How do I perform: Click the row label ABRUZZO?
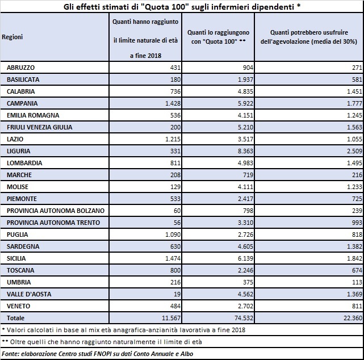[x=20, y=68]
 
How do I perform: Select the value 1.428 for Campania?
[x=173, y=103]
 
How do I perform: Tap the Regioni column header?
[x=12, y=37]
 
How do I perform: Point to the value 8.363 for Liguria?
[x=245, y=151]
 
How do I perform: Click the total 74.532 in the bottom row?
[x=244, y=318]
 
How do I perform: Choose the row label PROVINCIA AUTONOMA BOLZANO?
[x=56, y=211]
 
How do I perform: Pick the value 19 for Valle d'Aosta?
[x=177, y=294]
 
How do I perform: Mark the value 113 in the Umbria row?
[x=357, y=282]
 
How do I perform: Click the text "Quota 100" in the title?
[x=165, y=7]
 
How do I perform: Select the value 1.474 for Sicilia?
[x=173, y=258]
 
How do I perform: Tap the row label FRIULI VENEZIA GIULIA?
[x=39, y=127]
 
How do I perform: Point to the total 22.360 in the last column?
[x=353, y=318]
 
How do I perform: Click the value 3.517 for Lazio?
[x=245, y=139]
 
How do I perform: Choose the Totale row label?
[x=15, y=318]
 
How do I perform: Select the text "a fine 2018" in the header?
[x=145, y=56]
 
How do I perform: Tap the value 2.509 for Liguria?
[x=354, y=151]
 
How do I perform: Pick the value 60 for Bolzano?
[x=177, y=211]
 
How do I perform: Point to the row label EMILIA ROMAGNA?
[x=33, y=115]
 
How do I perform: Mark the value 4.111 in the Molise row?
[x=245, y=187]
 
